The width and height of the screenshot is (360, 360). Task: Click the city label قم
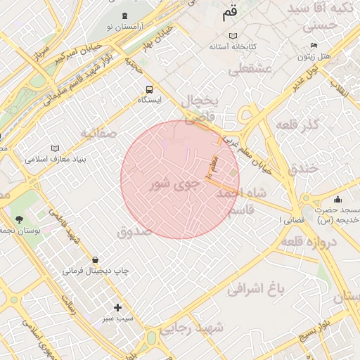230,12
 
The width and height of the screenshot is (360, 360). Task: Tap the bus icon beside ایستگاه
148,89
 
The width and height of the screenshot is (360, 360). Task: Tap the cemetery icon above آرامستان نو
124,16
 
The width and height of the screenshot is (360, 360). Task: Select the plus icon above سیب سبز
117,307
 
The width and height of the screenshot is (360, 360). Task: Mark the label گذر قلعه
299,125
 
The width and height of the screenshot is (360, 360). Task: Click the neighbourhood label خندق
304,169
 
